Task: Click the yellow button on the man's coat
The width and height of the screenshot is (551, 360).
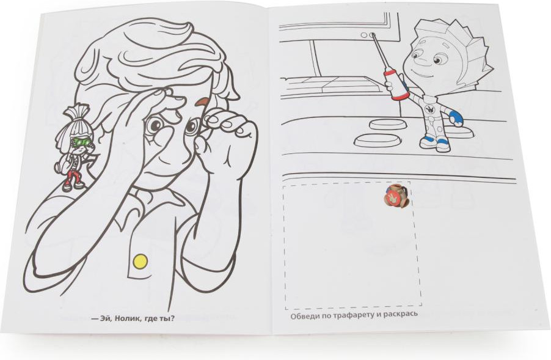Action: (140, 261)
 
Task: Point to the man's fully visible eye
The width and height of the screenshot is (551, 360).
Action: (154, 125)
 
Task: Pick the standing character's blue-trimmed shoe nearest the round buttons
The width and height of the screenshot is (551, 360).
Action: (426, 142)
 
